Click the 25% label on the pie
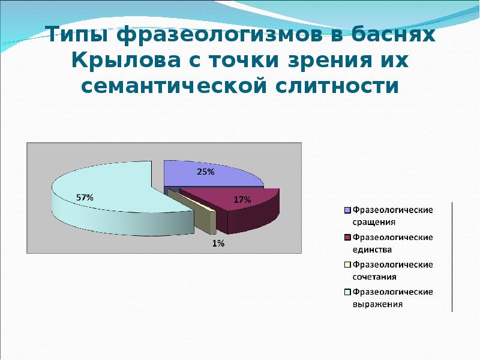[206, 172]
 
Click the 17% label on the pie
[242, 200]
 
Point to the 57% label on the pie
[84, 197]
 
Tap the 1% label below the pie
[217, 243]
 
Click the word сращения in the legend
[374, 221]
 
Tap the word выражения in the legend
[377, 304]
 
